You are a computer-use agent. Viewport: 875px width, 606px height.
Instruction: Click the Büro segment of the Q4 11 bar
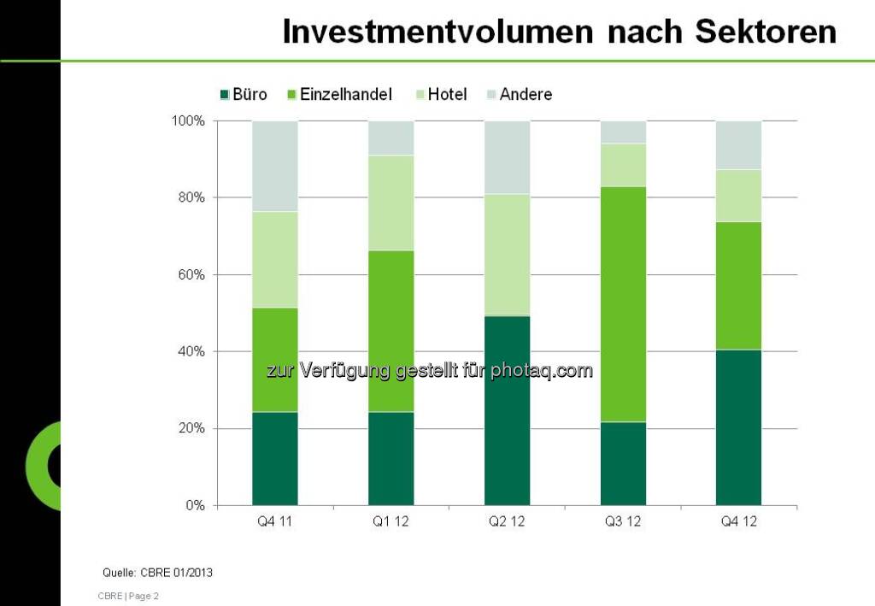(x=274, y=458)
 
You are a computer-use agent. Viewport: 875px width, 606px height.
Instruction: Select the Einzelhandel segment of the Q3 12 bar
(x=623, y=304)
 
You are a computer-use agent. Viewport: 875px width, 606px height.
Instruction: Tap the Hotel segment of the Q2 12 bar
(x=507, y=255)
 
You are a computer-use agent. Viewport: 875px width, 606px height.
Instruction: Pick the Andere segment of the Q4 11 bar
(x=274, y=166)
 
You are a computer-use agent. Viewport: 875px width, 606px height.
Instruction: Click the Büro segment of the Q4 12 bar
(x=738, y=427)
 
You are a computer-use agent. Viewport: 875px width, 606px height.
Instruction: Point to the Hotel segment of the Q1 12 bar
(x=391, y=203)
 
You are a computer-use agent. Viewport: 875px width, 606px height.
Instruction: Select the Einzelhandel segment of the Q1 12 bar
(x=391, y=332)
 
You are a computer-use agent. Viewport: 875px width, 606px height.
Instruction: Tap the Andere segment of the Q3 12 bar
(x=623, y=132)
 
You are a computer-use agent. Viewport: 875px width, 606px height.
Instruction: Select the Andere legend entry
(x=519, y=94)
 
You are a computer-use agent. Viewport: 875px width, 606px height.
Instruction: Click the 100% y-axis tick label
(x=188, y=121)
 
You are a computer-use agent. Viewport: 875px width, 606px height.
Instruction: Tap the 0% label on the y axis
(x=195, y=505)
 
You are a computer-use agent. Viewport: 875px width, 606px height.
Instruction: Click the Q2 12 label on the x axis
(x=507, y=521)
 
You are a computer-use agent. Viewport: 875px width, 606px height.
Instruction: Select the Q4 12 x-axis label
(x=738, y=521)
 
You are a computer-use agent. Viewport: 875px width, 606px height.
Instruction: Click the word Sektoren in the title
(x=766, y=32)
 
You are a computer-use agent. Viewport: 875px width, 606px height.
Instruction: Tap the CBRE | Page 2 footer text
(x=128, y=596)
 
